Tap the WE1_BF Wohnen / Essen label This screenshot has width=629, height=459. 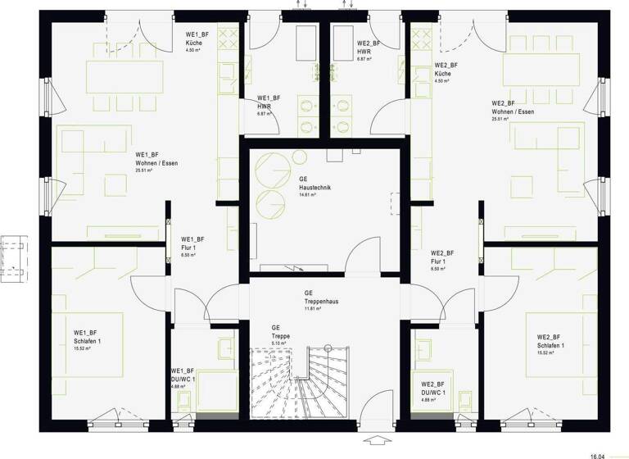click(x=156, y=159)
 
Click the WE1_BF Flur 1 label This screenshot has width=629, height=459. click(x=192, y=243)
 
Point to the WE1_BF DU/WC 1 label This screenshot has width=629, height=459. click(x=183, y=375)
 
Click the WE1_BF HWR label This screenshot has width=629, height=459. click(x=269, y=102)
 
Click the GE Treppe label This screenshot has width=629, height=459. click(x=282, y=331)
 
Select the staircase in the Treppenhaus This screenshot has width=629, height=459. click(x=303, y=381)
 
